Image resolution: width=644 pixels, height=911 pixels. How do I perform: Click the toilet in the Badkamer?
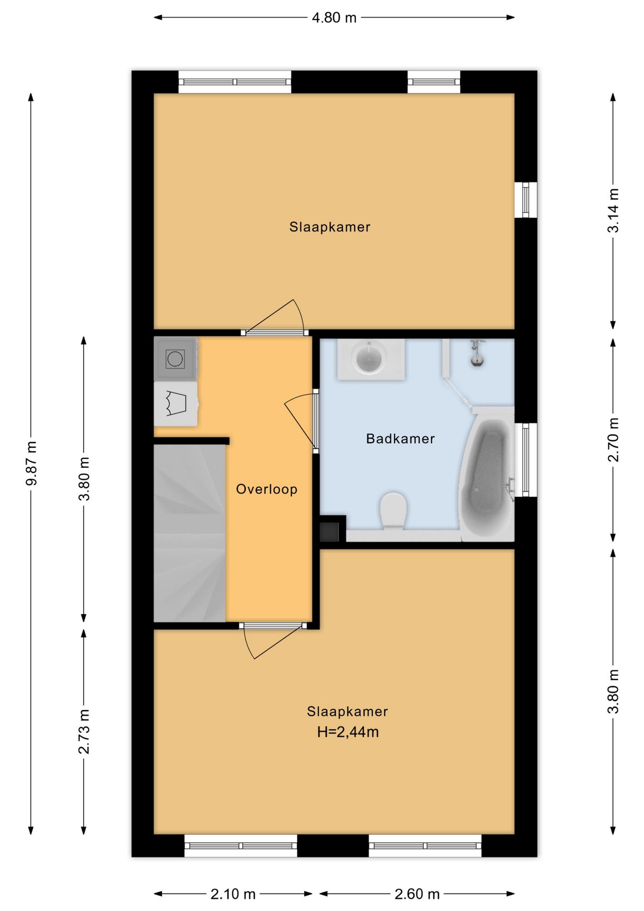394,511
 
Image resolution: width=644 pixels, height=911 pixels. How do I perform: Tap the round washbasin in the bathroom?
370,359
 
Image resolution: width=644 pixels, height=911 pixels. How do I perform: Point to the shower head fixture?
477,353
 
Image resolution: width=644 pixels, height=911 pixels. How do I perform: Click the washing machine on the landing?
175,359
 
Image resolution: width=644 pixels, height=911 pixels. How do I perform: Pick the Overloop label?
267,489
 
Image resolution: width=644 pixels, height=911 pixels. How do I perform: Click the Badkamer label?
400,438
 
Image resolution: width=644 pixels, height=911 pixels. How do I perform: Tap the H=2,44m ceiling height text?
348,732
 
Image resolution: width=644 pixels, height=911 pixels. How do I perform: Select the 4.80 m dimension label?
334,18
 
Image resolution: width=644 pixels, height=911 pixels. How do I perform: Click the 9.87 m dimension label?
31,464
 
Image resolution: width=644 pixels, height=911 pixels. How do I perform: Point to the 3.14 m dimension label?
613,211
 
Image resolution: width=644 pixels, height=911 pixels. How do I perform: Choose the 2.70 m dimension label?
613,440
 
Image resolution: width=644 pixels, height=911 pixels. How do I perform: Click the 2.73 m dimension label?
84,732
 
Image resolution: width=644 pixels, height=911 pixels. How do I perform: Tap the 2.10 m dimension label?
233,894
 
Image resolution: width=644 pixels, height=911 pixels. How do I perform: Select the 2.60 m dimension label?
417,894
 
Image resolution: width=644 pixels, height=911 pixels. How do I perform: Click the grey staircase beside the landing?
189,533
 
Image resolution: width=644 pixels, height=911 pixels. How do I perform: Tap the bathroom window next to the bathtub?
525,460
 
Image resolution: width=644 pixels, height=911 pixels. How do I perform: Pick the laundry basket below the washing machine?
175,404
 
